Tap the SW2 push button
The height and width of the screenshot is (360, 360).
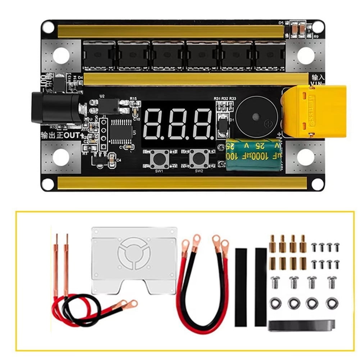(197, 157)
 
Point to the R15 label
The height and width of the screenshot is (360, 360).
(133, 98)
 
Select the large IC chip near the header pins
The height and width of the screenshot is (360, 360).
(120, 131)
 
